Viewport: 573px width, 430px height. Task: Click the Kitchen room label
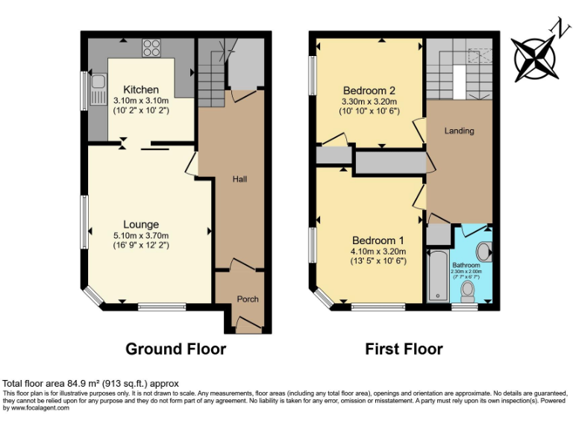141,90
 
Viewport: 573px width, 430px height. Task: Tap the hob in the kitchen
151,47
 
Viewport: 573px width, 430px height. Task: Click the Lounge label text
141,224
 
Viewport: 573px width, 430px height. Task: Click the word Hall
239,179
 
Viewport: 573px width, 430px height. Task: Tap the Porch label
248,299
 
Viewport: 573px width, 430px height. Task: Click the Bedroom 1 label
378,240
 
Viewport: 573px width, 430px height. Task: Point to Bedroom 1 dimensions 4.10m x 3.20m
378,252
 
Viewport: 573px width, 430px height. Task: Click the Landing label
459,131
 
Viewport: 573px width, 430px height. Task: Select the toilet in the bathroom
469,288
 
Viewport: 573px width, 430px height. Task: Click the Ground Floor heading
175,349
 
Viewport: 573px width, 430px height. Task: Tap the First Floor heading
404,349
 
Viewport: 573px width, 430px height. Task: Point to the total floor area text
90,384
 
